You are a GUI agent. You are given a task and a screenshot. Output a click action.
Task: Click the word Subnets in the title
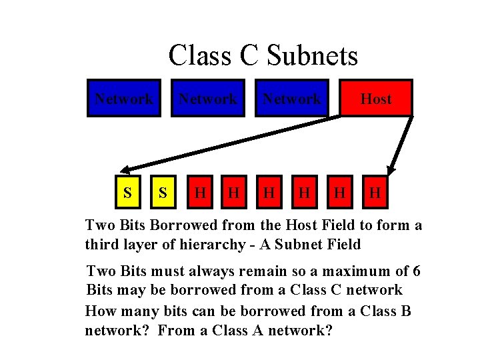pyautogui.click(x=312, y=55)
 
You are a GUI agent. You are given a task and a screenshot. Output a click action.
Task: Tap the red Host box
pyautogui.click(x=376, y=99)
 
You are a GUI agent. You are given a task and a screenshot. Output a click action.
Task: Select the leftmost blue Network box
pyautogui.click(x=124, y=99)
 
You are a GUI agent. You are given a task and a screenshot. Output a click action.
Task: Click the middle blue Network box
pyautogui.click(x=207, y=99)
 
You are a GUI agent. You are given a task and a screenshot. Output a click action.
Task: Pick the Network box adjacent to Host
pyautogui.click(x=291, y=99)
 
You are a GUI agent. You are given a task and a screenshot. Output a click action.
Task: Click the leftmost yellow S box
pyautogui.click(x=126, y=193)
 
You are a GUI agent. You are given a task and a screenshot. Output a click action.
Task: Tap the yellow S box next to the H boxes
pyautogui.click(x=162, y=193)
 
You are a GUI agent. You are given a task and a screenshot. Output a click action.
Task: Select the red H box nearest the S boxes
pyautogui.click(x=198, y=193)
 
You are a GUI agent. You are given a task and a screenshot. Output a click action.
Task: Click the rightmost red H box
pyautogui.click(x=375, y=193)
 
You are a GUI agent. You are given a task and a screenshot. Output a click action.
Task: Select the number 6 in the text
pyautogui.click(x=416, y=271)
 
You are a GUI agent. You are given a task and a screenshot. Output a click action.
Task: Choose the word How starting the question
pyautogui.click(x=101, y=311)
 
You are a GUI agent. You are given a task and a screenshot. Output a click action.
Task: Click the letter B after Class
pyautogui.click(x=406, y=311)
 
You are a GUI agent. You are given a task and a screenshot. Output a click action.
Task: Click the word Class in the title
pyautogui.click(x=197, y=55)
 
